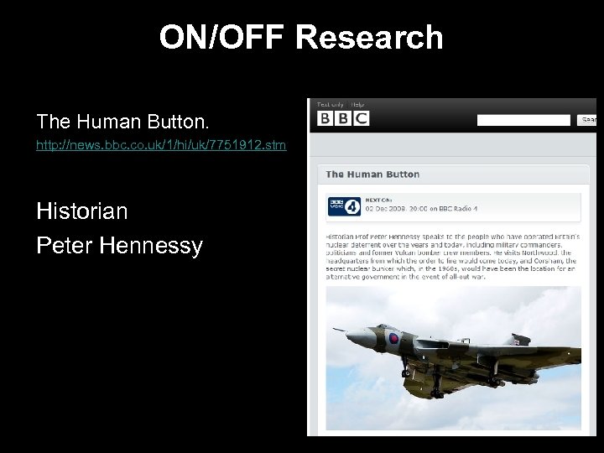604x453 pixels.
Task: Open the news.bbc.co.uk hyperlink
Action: [x=161, y=146]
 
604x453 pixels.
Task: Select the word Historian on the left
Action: [x=82, y=211]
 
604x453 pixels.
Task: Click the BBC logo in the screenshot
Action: [x=343, y=118]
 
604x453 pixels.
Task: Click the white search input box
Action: [x=523, y=120]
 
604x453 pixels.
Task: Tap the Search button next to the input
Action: [x=588, y=120]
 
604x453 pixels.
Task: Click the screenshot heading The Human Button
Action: [x=372, y=174]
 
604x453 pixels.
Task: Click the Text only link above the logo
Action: [x=330, y=104]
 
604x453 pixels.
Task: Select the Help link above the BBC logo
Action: [x=358, y=104]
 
